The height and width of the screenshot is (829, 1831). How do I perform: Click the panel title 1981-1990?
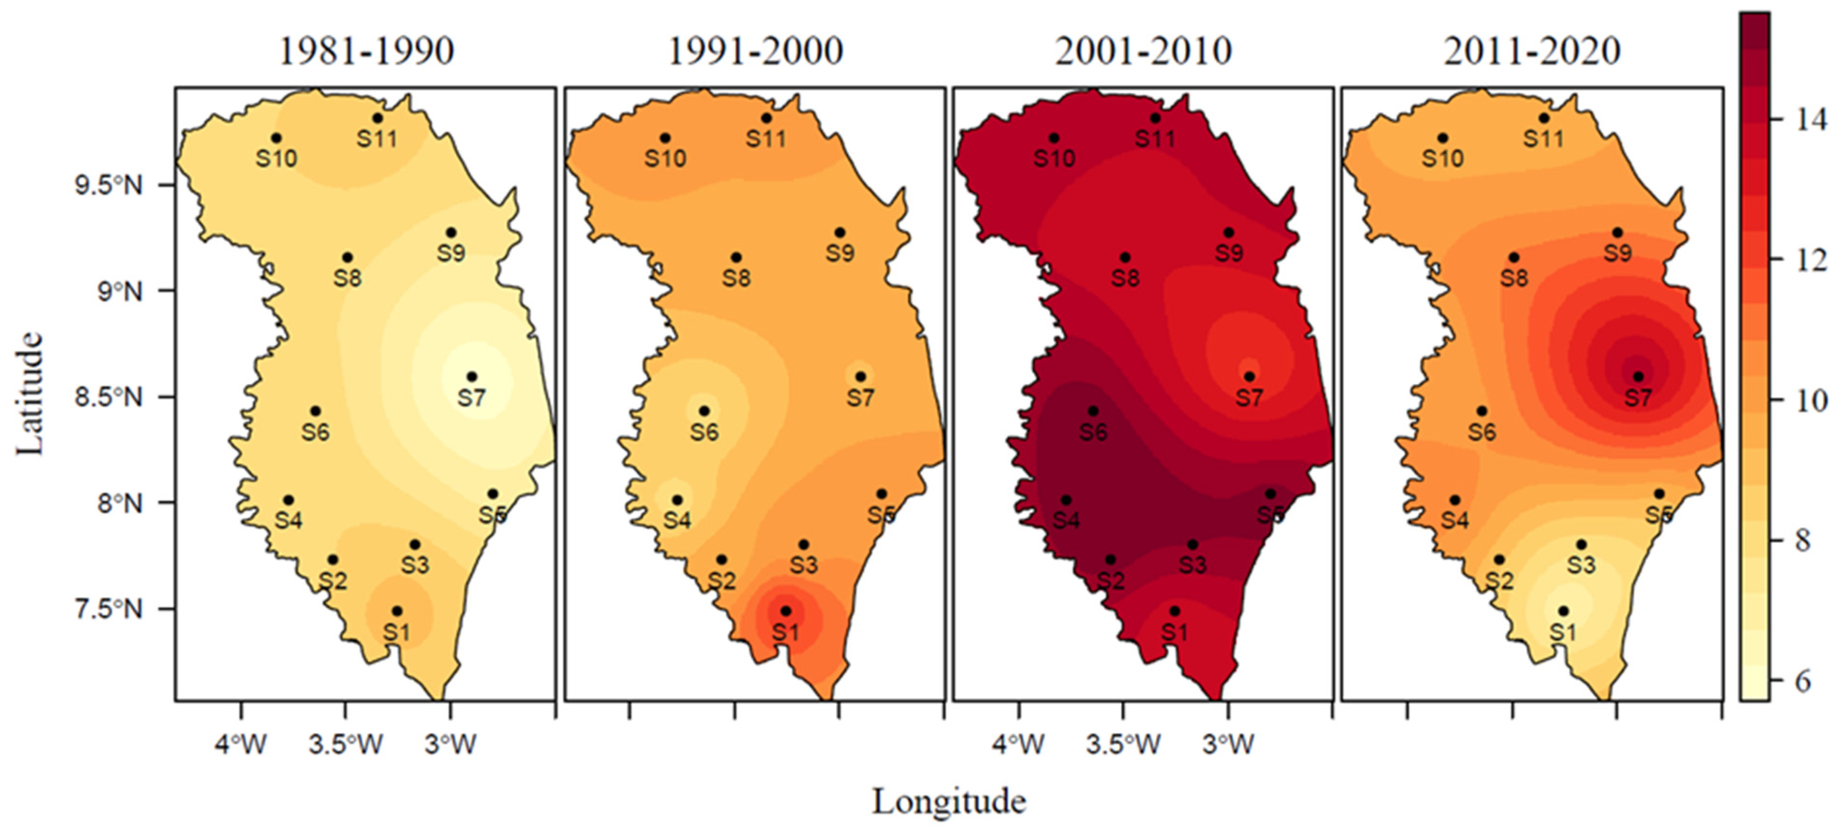pyautogui.click(x=366, y=51)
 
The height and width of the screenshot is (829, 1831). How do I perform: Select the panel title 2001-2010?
pyautogui.click(x=1143, y=51)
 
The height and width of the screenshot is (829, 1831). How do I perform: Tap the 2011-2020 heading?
pyautogui.click(x=1532, y=51)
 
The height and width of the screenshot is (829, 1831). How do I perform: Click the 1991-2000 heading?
pyautogui.click(x=755, y=51)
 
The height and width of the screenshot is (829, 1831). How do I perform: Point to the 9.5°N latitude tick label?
pyautogui.click(x=108, y=186)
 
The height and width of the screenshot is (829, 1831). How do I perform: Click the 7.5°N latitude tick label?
pyautogui.click(x=108, y=609)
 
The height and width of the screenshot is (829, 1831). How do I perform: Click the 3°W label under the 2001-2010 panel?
pyautogui.click(x=1228, y=744)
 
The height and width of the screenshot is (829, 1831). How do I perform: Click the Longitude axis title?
pyautogui.click(x=949, y=802)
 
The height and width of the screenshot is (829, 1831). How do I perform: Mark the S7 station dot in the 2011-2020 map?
pyautogui.click(x=1638, y=376)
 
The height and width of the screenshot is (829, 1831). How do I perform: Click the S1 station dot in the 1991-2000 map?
pyautogui.click(x=785, y=611)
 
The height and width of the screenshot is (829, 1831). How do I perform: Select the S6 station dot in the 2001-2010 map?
pyautogui.click(x=1093, y=411)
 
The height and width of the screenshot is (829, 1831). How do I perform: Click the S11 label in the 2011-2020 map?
pyautogui.click(x=1543, y=138)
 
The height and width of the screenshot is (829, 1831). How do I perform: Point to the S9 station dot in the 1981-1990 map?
pyautogui.click(x=451, y=233)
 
